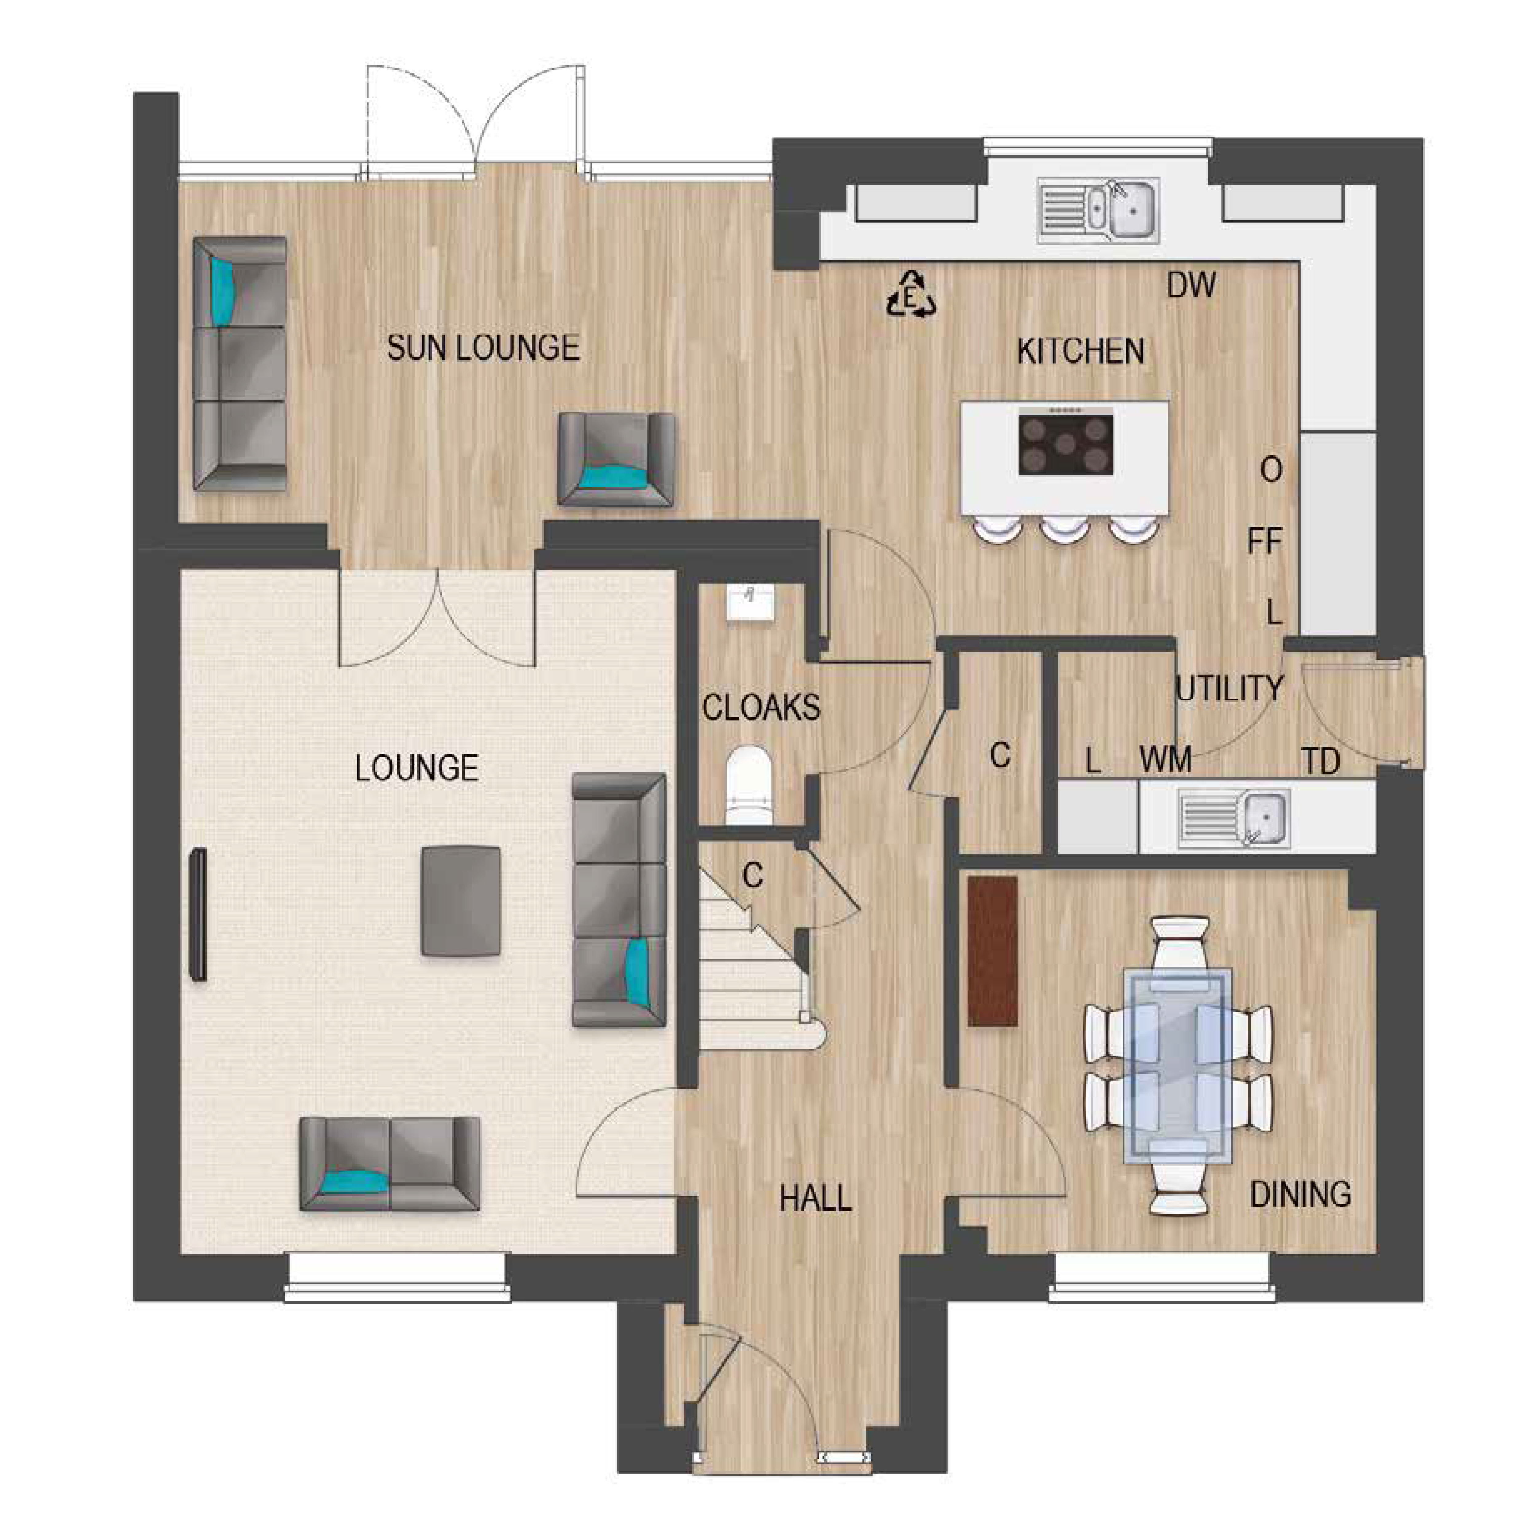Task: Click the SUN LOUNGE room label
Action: pos(483,348)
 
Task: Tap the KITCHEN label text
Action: pos(1081,351)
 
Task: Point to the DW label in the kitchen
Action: pos(1191,285)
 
